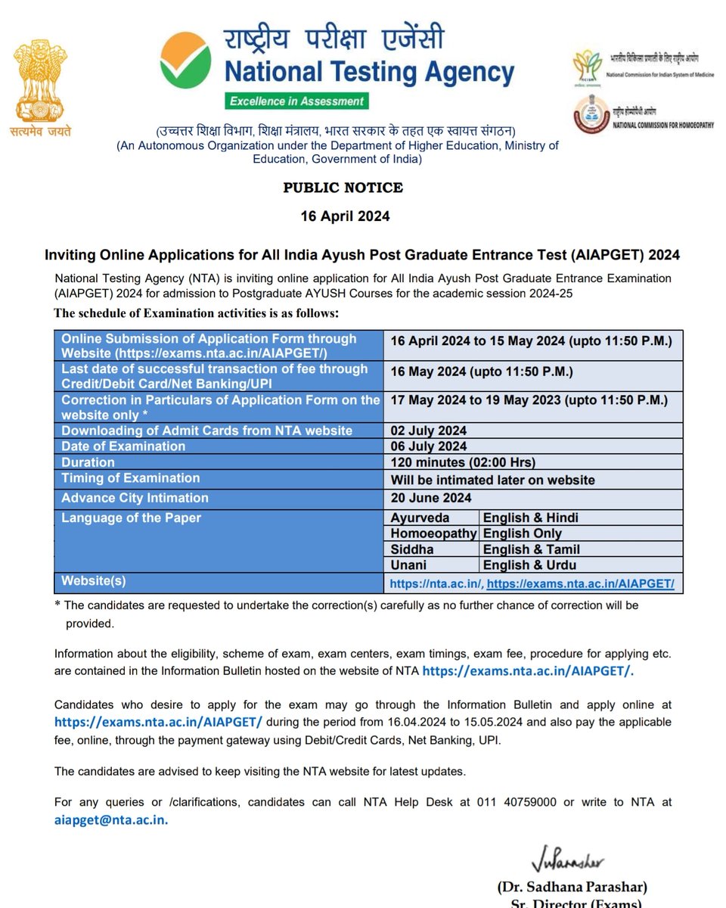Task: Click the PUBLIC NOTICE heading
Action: pyautogui.click(x=343, y=188)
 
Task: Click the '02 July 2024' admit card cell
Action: pyautogui.click(x=428, y=431)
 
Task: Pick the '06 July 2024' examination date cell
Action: pyautogui.click(x=428, y=446)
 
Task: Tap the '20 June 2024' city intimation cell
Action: pyautogui.click(x=430, y=497)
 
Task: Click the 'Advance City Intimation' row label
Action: pyautogui.click(x=135, y=497)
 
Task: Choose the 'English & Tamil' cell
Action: pyautogui.click(x=532, y=549)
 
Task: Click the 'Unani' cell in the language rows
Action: pyautogui.click(x=408, y=565)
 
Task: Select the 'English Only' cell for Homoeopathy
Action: pyautogui.click(x=522, y=533)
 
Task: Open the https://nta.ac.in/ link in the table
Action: pyautogui.click(x=436, y=583)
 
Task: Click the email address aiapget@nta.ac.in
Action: pyautogui.click(x=111, y=819)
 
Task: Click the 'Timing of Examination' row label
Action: pyautogui.click(x=130, y=478)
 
